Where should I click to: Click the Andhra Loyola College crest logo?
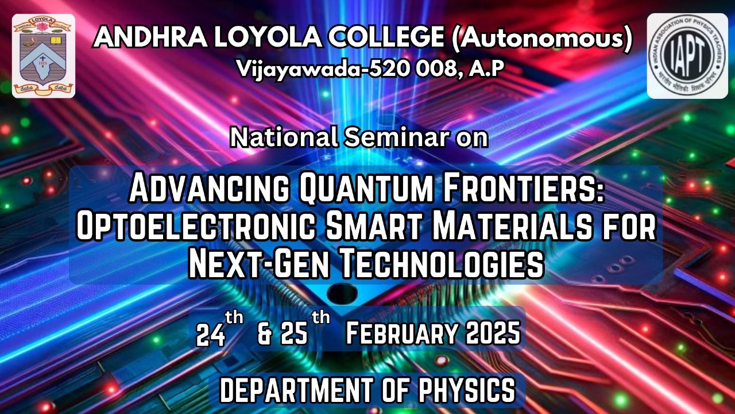[x=44, y=56]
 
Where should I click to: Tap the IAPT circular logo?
[x=687, y=56]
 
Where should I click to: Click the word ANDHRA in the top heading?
[x=150, y=38]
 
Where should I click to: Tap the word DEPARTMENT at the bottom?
[x=296, y=390]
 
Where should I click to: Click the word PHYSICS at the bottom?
[x=467, y=390]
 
